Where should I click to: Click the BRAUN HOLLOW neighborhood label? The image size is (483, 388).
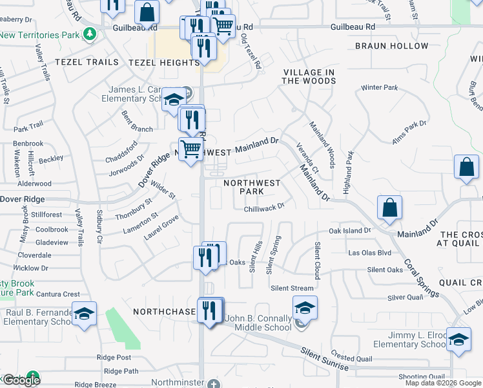pyautogui.click(x=391, y=46)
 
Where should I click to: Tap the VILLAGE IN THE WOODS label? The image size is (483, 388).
pyautogui.click(x=309, y=76)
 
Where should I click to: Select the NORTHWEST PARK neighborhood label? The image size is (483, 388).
pyautogui.click(x=252, y=187)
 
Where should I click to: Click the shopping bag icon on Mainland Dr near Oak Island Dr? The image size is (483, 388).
pyautogui.click(x=390, y=208)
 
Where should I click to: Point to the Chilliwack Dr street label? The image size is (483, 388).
pyautogui.click(x=264, y=207)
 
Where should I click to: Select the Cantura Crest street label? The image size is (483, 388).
pyautogui.click(x=57, y=294)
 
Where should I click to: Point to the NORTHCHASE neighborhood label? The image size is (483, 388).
pyautogui.click(x=164, y=312)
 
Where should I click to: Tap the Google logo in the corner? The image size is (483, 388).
pyautogui.click(x=21, y=380)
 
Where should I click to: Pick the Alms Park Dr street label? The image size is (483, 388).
pyautogui.click(x=409, y=132)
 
